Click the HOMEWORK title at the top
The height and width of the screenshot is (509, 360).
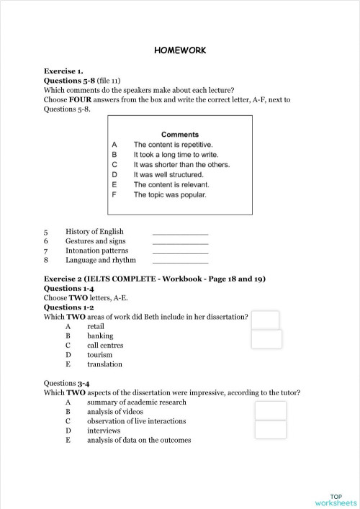[x=180, y=50]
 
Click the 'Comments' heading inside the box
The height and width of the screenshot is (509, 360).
[x=180, y=135]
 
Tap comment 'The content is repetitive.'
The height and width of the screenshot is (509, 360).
[x=173, y=145]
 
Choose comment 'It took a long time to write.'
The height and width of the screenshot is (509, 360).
[x=176, y=155]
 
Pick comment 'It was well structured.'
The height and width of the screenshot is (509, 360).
[x=168, y=175]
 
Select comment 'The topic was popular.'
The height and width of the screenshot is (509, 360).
[x=170, y=195]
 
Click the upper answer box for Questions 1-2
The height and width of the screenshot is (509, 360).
[x=265, y=320]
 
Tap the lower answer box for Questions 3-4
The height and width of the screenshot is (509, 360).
[x=271, y=430]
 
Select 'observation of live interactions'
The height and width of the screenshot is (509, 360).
[x=136, y=421]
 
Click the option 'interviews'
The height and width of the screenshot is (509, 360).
[x=104, y=431]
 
